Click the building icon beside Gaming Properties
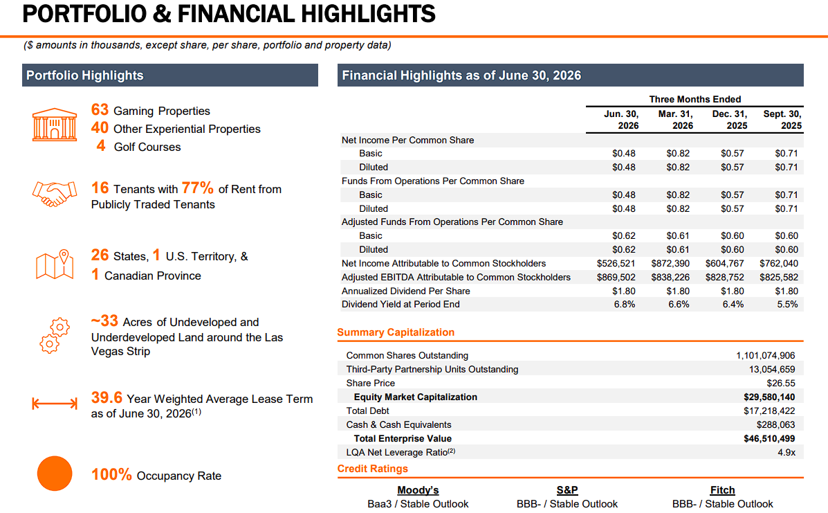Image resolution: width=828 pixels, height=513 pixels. point(55,125)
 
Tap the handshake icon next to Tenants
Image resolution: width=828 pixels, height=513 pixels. point(55,194)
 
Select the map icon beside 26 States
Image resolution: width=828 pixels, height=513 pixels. point(55,264)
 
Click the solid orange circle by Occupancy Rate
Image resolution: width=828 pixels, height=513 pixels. point(55,474)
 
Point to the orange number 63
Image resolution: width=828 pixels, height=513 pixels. point(100,110)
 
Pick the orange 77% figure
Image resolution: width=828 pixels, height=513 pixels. point(198,188)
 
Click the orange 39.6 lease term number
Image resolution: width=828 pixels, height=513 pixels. point(107,397)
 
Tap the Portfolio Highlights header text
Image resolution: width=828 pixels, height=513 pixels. point(85,75)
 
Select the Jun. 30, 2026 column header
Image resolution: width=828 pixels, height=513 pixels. point(622,120)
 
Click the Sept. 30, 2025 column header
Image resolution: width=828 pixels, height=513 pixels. point(782,120)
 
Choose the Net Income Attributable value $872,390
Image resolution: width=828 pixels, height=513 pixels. point(670,263)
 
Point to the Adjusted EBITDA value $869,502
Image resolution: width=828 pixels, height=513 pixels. point(616,277)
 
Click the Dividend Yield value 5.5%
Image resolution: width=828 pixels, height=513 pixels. point(787,305)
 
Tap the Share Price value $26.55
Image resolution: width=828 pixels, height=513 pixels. point(781,383)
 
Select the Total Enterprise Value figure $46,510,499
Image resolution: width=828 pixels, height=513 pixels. point(769,438)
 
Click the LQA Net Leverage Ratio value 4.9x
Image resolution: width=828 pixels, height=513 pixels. point(786,452)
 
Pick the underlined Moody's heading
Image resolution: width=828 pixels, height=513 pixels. point(418,490)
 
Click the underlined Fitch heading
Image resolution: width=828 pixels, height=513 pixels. point(722,490)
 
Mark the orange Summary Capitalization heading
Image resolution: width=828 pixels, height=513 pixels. point(396,332)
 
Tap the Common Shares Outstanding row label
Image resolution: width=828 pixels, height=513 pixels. point(407,356)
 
